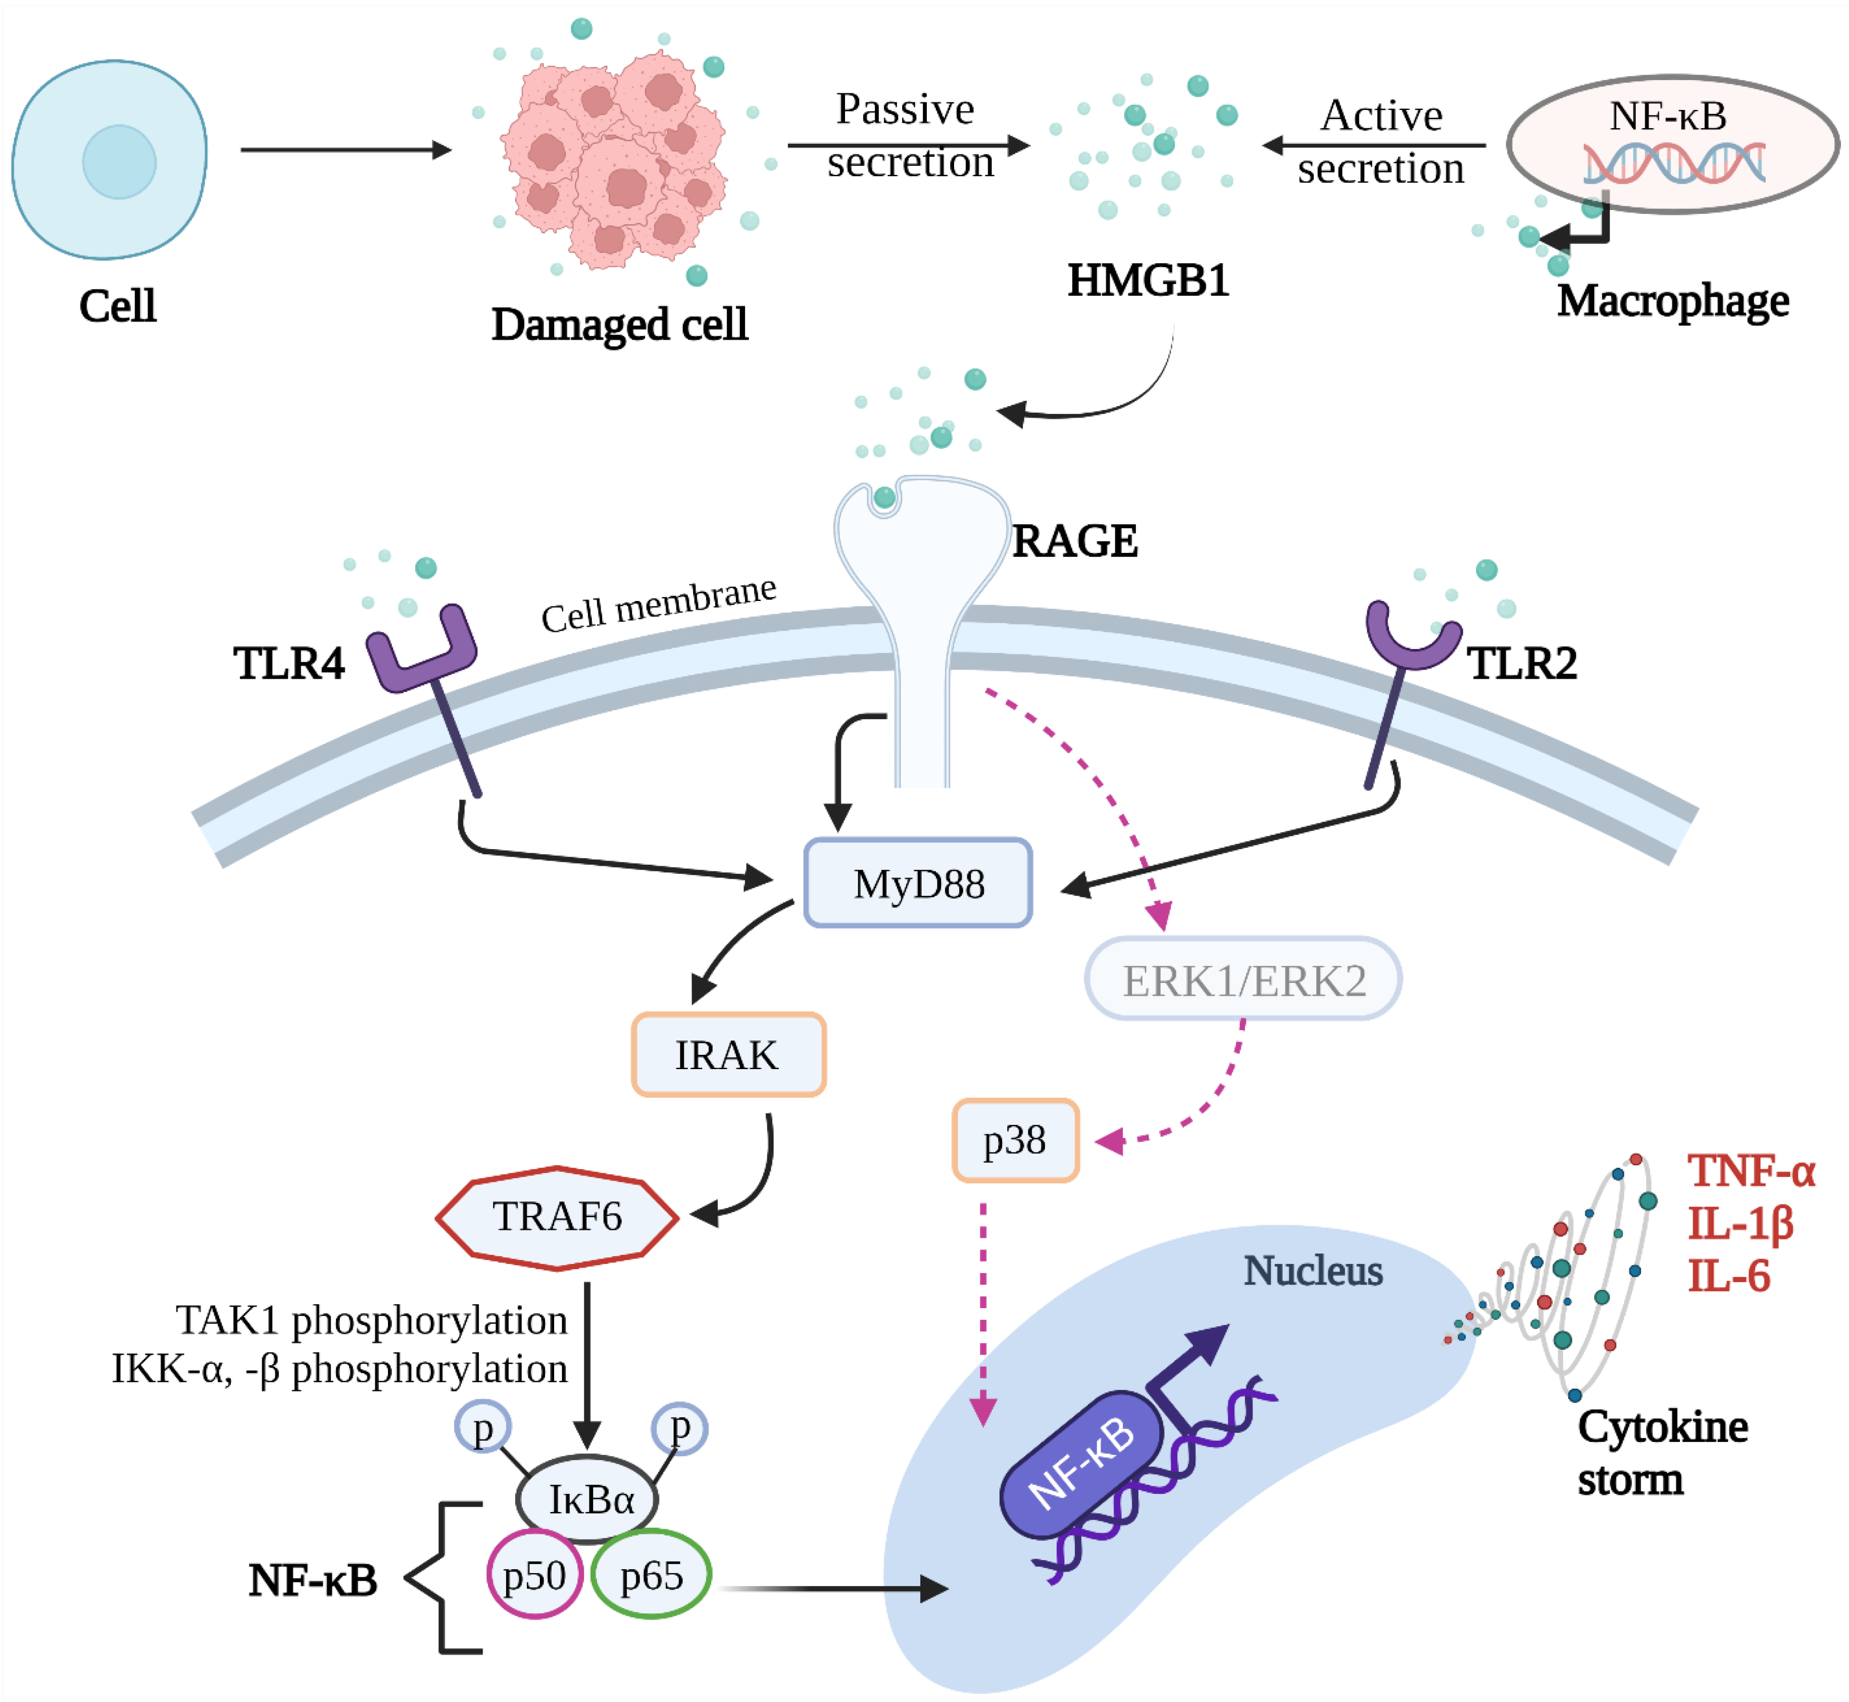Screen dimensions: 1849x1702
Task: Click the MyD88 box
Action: click(x=917, y=882)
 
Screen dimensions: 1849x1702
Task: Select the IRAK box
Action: click(x=728, y=1054)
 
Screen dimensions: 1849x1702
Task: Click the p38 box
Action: click(x=1015, y=1140)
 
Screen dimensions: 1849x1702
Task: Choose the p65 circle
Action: click(x=651, y=1575)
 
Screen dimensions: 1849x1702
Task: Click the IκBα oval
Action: click(x=587, y=1500)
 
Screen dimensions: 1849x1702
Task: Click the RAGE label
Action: click(x=1074, y=541)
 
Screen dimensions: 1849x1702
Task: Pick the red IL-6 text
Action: click(x=1729, y=1276)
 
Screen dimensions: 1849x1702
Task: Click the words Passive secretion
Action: click(x=909, y=135)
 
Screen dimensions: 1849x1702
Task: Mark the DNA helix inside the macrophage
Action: click(x=1674, y=162)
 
